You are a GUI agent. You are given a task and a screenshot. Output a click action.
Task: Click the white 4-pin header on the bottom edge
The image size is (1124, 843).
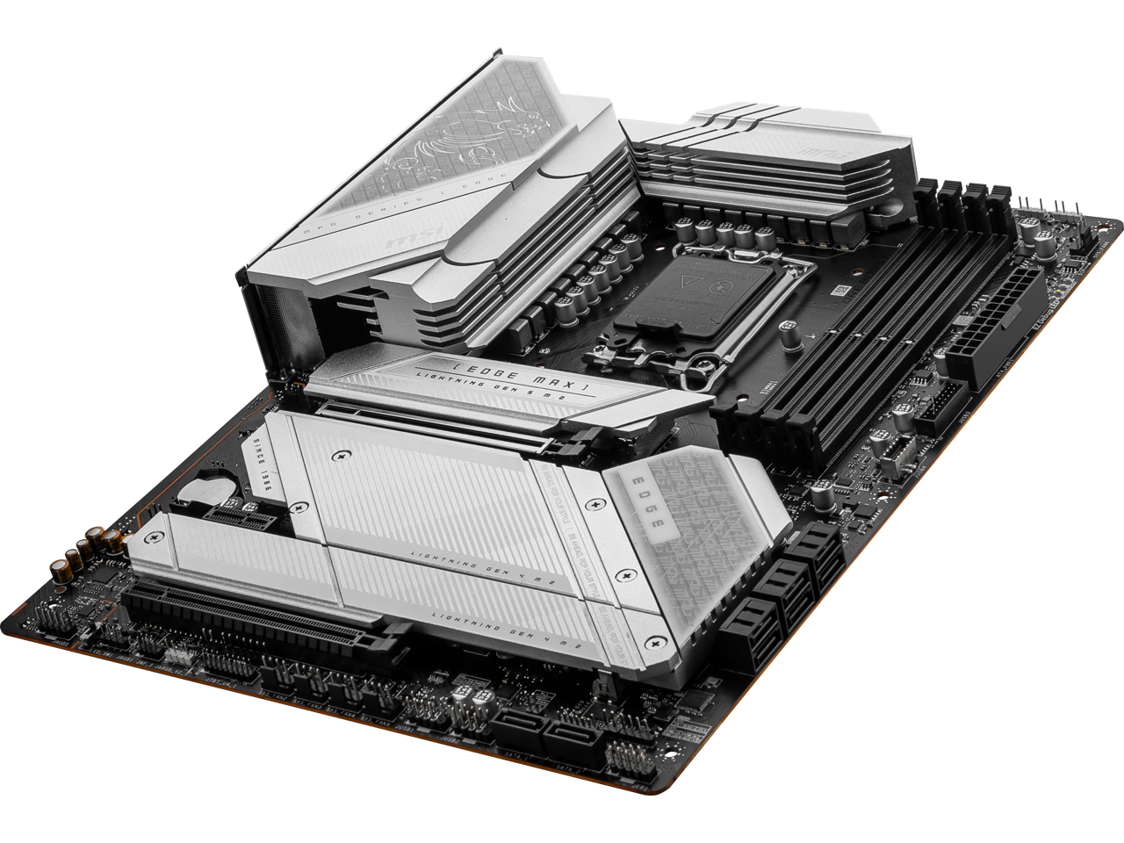(179, 654)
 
